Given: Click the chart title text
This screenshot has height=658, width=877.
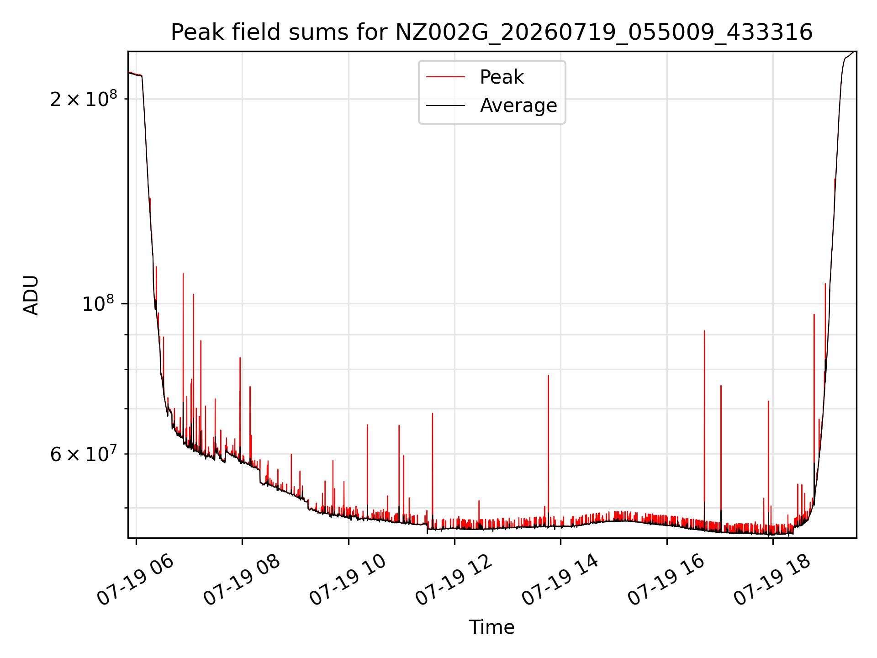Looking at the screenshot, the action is tap(491, 32).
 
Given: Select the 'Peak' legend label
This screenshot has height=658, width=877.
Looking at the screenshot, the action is tap(502, 77).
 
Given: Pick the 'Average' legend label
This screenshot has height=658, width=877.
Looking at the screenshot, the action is tap(518, 106).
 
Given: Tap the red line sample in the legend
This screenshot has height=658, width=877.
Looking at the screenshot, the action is tap(445, 77).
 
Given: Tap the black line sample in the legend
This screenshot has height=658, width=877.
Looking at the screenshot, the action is tap(445, 106).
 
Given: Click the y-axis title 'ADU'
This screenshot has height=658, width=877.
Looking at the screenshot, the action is tap(31, 295).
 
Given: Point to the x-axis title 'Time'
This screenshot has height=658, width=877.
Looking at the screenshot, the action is tap(491, 627).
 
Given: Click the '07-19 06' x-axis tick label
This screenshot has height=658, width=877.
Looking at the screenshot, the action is tap(135, 580).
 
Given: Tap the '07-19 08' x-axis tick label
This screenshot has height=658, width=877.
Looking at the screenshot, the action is tap(241, 580).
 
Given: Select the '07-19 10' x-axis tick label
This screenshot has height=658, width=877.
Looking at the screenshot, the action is tap(348, 580).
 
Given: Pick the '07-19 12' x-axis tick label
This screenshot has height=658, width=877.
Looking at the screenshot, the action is tap(454, 580).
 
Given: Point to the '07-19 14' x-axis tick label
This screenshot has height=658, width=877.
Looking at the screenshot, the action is tap(560, 580).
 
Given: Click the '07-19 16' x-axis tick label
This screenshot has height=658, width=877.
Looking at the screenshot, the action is tap(666, 580).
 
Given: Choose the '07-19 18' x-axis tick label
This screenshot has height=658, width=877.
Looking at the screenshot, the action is tap(772, 580).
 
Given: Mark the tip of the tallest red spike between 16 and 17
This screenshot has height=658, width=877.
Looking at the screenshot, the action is tap(704, 330).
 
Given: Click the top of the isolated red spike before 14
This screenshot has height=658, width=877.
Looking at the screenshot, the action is tap(548, 375).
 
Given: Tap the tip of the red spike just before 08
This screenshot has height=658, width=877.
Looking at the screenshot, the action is tap(240, 358).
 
